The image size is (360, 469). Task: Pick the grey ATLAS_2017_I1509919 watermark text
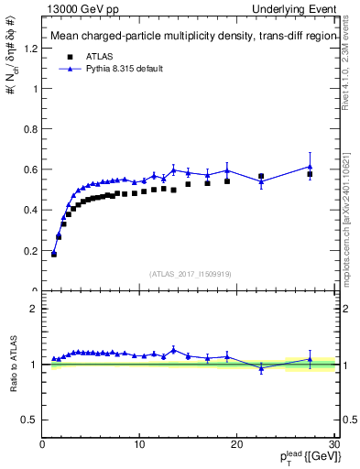[189, 272]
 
